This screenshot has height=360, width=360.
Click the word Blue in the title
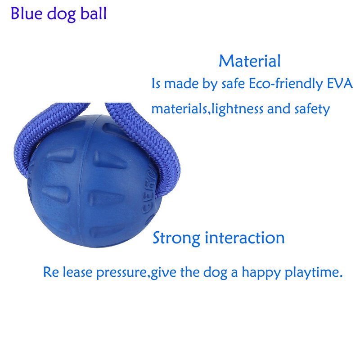27,13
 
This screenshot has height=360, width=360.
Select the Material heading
250,61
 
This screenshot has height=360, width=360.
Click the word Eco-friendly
285,84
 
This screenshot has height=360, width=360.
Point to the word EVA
340,83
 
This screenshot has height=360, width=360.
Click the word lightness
237,109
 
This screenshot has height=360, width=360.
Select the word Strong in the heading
176,238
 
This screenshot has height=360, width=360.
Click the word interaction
244,238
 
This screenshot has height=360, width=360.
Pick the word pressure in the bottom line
121,273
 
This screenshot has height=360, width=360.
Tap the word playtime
314,273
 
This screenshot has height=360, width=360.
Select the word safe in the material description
233,83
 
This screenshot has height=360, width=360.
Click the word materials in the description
179,109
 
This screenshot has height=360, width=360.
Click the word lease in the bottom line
77,272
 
